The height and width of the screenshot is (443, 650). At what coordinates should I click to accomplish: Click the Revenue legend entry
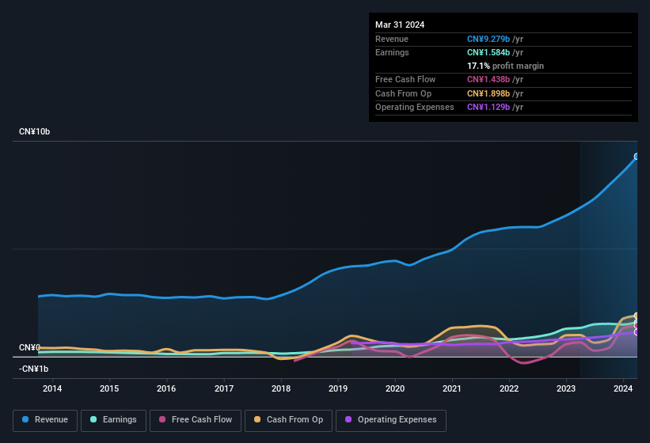(45, 419)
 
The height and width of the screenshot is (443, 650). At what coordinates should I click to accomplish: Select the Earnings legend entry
(113, 419)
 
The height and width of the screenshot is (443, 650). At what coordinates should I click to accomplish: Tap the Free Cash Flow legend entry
(195, 419)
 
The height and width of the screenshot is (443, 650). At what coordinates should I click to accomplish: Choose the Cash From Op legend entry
(288, 419)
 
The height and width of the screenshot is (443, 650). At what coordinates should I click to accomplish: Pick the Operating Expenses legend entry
(391, 419)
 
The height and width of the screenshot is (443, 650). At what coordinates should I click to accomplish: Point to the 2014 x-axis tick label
(52, 388)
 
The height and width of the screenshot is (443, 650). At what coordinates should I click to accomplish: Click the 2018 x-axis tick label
(280, 388)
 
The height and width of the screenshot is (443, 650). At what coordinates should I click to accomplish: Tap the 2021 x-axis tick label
(452, 388)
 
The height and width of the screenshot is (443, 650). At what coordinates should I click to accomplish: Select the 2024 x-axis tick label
(623, 388)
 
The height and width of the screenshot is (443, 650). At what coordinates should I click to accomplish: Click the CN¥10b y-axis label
(35, 131)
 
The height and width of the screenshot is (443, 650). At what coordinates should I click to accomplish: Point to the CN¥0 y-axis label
(29, 348)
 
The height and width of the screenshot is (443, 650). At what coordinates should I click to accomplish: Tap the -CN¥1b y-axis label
(34, 369)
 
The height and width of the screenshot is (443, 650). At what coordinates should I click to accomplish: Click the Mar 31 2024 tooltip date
(400, 25)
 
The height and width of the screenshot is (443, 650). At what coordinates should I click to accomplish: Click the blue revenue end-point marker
(637, 157)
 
